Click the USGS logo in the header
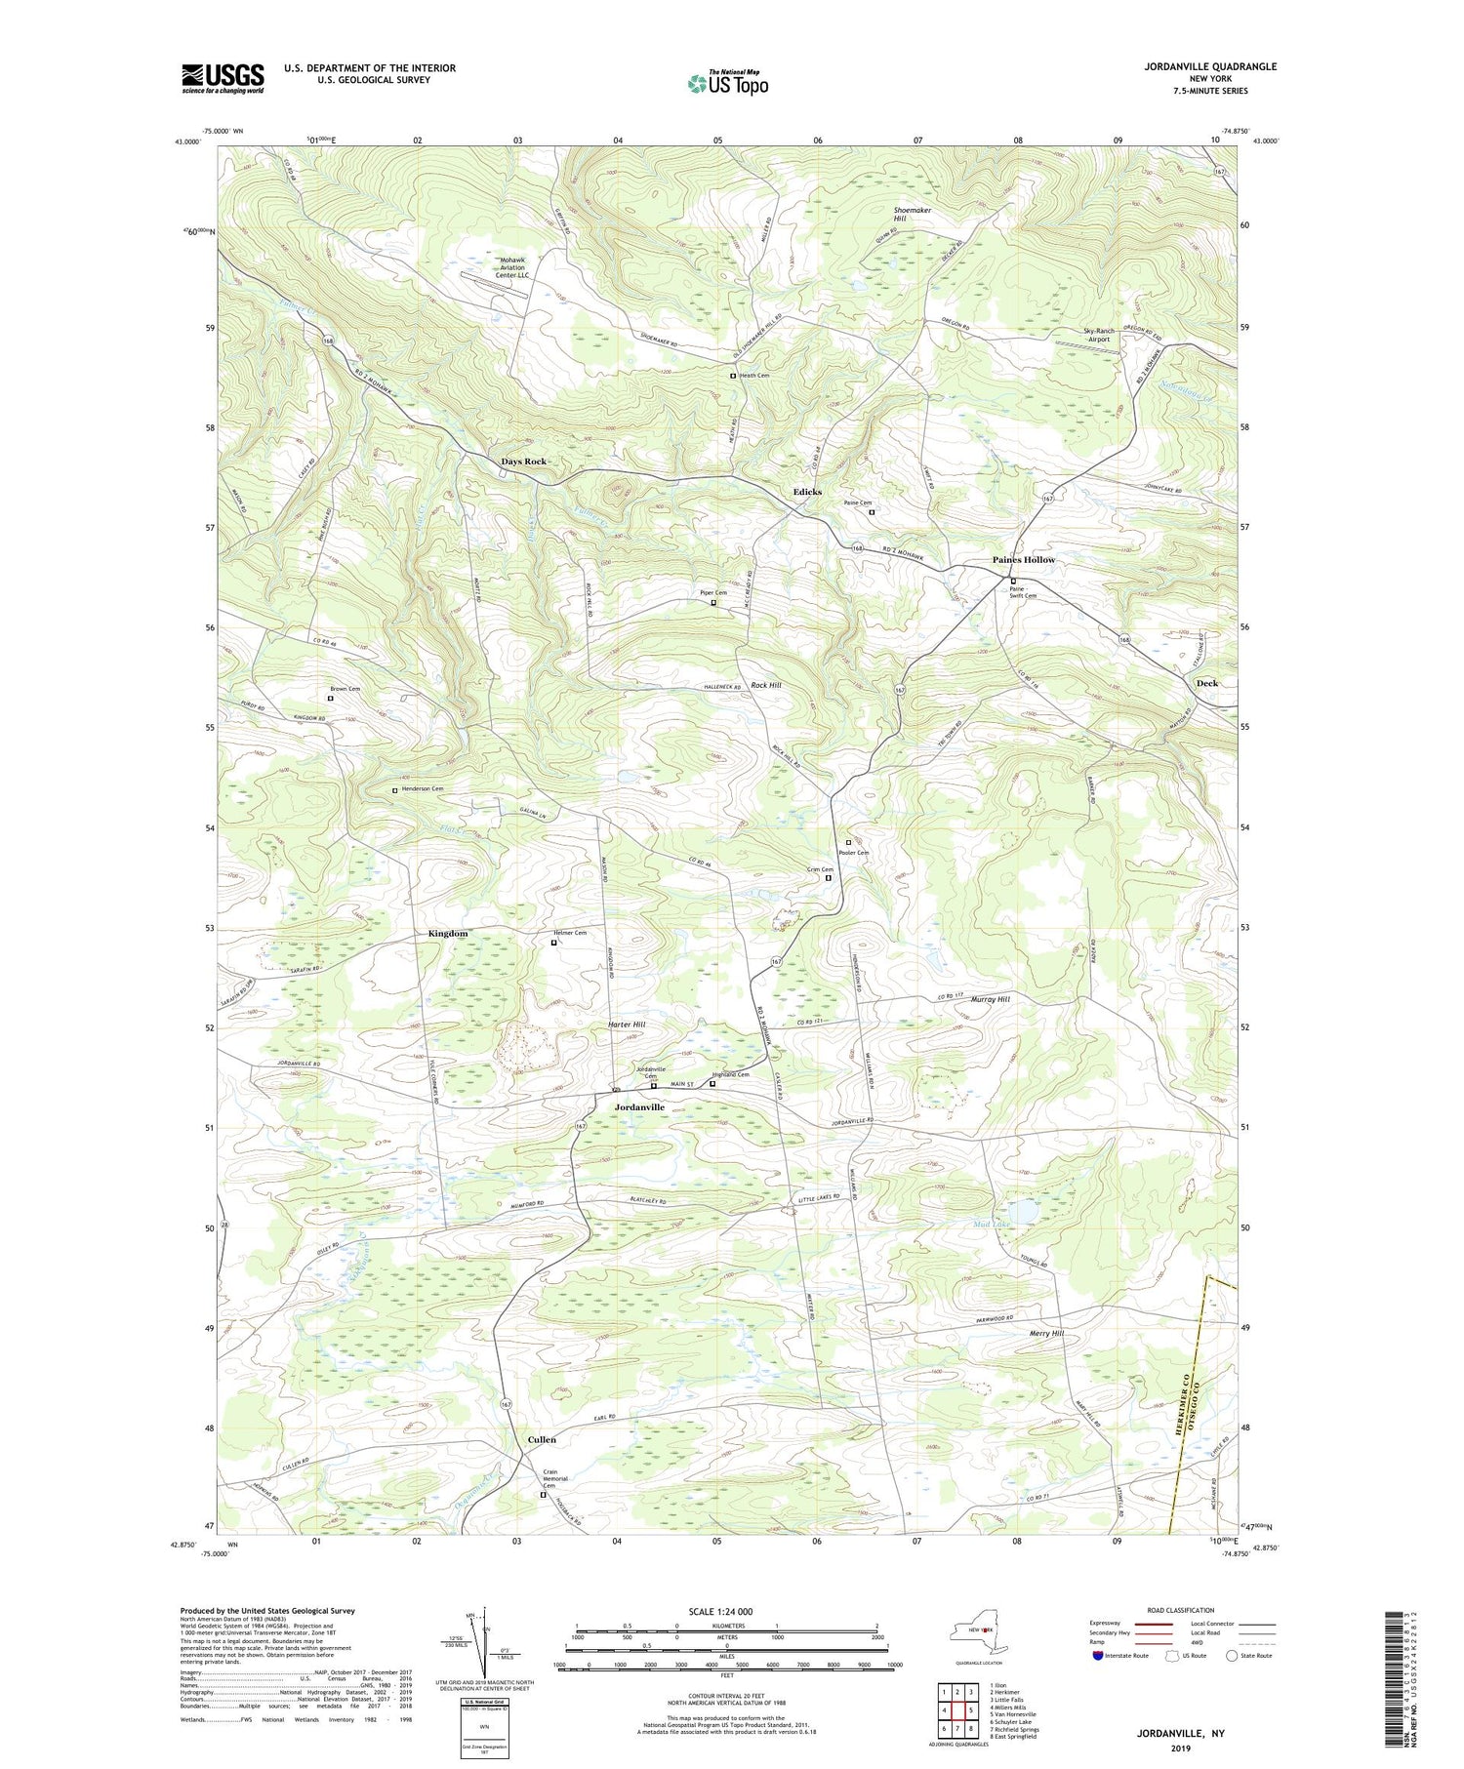[223, 78]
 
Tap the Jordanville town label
[639, 1107]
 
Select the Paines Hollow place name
[1024, 560]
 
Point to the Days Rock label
[524, 461]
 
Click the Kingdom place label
[448, 934]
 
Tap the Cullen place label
[542, 1439]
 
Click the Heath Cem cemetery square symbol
[733, 376]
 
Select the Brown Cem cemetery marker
[330, 699]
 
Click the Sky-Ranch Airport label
[1099, 335]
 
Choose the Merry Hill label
[1046, 1333]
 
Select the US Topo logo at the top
[727, 83]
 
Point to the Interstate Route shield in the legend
[1098, 1656]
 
